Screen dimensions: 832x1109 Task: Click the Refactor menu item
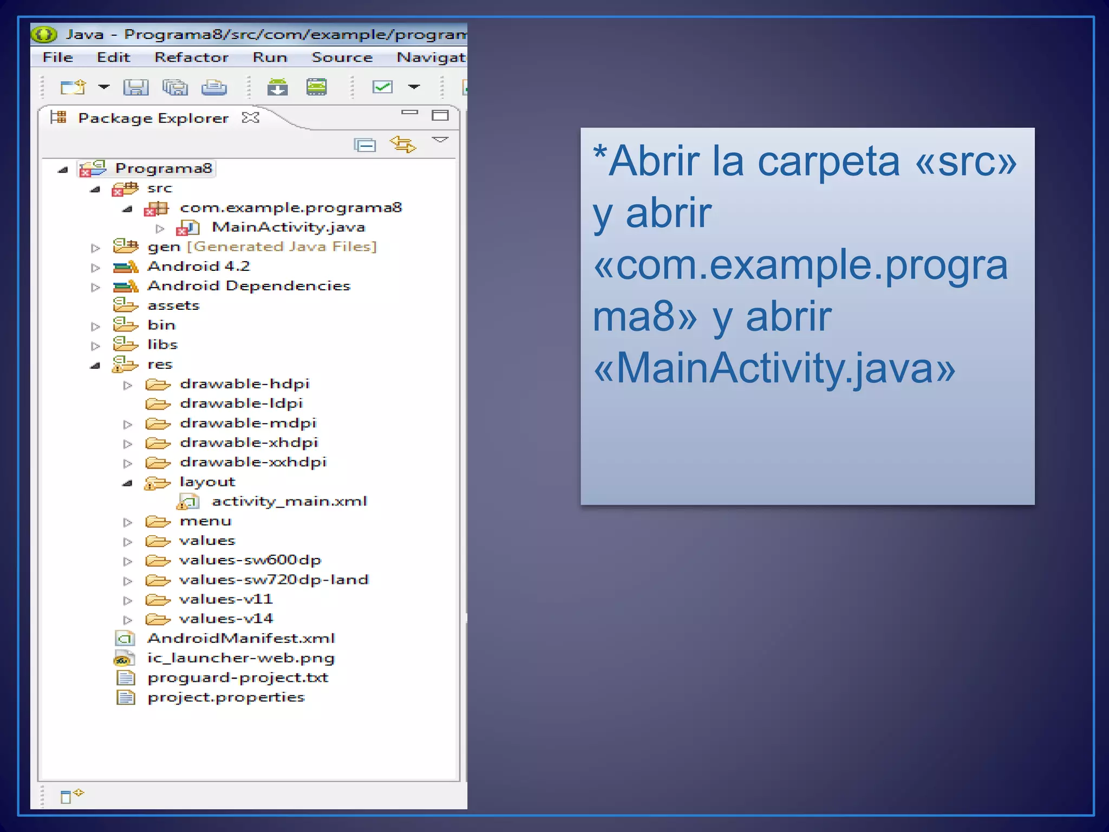[191, 57]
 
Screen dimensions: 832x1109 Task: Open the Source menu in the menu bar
[342, 57]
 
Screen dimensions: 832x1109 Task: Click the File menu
[57, 57]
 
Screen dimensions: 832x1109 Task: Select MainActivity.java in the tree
[288, 227]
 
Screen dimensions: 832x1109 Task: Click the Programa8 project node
[163, 168]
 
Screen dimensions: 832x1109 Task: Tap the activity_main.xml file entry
[289, 502]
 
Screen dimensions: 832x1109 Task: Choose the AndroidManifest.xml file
[241, 639]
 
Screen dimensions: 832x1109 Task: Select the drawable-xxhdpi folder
[253, 462]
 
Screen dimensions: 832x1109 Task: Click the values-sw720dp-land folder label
[273, 580]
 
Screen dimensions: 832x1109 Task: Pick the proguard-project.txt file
[238, 678]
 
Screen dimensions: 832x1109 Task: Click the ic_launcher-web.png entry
[241, 658]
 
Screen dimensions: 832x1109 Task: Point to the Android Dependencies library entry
[249, 285]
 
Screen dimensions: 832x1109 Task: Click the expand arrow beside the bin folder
[96, 326]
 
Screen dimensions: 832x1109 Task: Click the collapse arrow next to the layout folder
[128, 483]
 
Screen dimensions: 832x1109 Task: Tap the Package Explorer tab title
[153, 118]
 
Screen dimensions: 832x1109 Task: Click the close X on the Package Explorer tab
[251, 118]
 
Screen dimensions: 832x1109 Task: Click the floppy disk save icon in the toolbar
[135, 87]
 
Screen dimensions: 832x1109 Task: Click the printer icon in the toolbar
[214, 87]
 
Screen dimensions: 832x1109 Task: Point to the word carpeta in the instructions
[828, 161]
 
